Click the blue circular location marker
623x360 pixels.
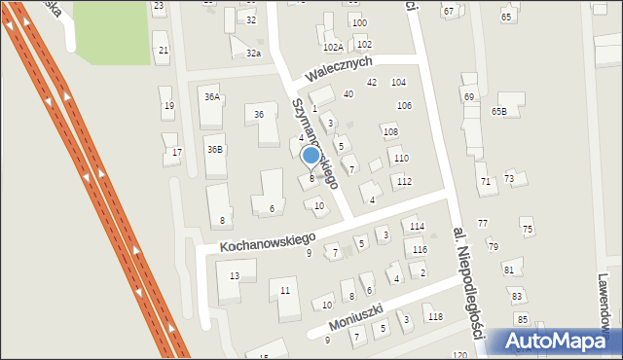pyautogui.click(x=311, y=156)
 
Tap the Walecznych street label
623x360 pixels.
pyautogui.click(x=338, y=67)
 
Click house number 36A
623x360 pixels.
pyautogui.click(x=212, y=97)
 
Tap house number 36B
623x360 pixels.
pyautogui.click(x=214, y=149)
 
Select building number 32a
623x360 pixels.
pyautogui.click(x=253, y=53)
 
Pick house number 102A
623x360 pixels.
pyautogui.click(x=333, y=47)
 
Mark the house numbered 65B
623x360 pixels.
pyautogui.click(x=498, y=112)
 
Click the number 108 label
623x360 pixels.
pyautogui.click(x=390, y=131)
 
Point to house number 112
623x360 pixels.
pyautogui.click(x=404, y=182)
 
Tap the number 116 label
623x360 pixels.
pyautogui.click(x=420, y=250)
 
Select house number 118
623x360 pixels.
pyautogui.click(x=435, y=317)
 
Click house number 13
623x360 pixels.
pyautogui.click(x=235, y=276)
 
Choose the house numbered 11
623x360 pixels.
pyautogui.click(x=285, y=290)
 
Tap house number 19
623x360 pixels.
pyautogui.click(x=168, y=106)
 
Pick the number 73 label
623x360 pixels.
pyautogui.click(x=508, y=179)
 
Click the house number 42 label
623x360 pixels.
pyautogui.click(x=371, y=83)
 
